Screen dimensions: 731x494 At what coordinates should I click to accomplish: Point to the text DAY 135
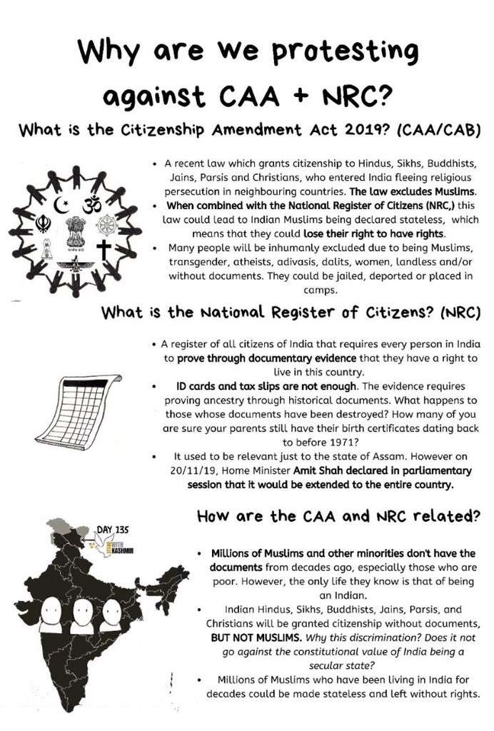coord(110,530)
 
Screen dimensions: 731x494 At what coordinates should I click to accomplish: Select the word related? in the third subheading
coord(441,516)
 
